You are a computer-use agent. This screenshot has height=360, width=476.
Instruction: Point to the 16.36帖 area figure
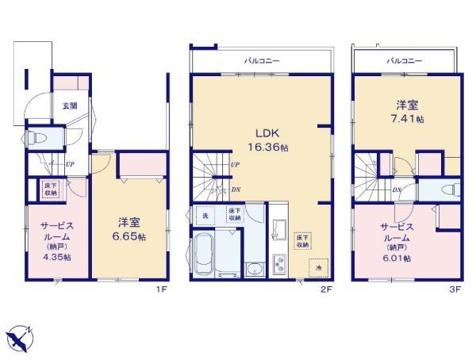266,147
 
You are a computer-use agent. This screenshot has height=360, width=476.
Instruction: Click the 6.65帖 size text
130,237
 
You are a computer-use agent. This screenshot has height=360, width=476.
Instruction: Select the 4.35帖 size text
57,256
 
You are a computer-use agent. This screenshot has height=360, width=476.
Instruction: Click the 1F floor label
161,290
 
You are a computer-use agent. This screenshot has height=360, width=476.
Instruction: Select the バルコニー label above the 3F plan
405,60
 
